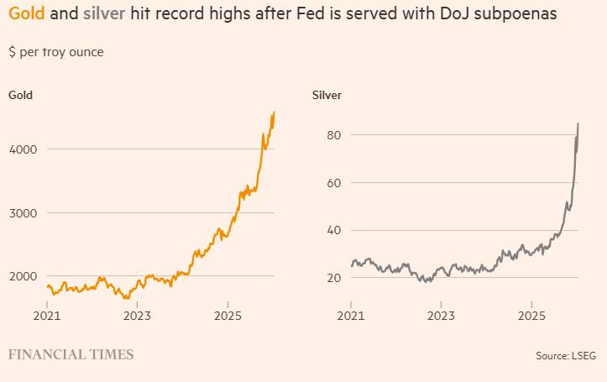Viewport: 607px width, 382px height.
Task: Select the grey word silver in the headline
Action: [x=103, y=15]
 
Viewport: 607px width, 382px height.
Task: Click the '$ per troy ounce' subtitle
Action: [x=56, y=52]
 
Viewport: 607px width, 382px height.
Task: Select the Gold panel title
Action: [x=21, y=95]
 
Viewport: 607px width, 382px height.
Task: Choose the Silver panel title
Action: [x=327, y=95]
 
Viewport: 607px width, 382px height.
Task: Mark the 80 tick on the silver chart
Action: [x=332, y=135]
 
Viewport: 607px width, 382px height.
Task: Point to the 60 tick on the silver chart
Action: [x=332, y=183]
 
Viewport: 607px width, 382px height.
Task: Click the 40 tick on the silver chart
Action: [x=332, y=230]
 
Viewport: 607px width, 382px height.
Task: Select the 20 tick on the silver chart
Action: [x=332, y=277]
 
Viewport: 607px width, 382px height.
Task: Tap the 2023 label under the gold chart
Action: [x=137, y=316]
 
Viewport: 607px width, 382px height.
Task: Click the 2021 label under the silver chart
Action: [x=351, y=316]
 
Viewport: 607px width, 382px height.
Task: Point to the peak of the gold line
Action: [x=275, y=112]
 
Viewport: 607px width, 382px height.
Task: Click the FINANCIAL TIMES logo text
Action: [x=71, y=355]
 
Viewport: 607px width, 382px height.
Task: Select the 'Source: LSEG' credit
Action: [x=565, y=356]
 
